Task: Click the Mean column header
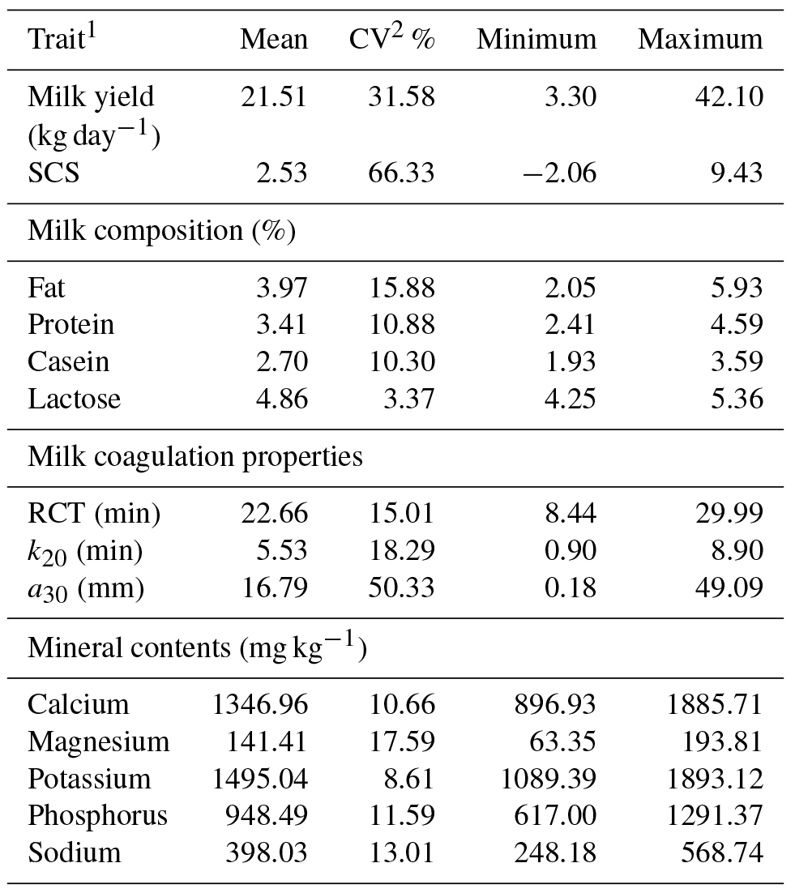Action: pyautogui.click(x=273, y=40)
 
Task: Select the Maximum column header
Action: pyautogui.click(x=700, y=40)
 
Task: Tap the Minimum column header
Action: pyautogui.click(x=536, y=40)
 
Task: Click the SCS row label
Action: pyautogui.click(x=53, y=173)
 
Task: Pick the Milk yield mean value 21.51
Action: pyautogui.click(x=273, y=97)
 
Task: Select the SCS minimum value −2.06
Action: pyautogui.click(x=555, y=173)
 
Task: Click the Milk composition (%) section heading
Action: pyautogui.click(x=161, y=231)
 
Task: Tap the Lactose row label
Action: pyautogui.click(x=74, y=399)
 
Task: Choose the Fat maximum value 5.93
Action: pyautogui.click(x=734, y=288)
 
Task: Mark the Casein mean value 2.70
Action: pyautogui.click(x=280, y=362)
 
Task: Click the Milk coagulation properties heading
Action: pyautogui.click(x=195, y=457)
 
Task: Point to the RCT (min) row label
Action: pyautogui.click(x=94, y=514)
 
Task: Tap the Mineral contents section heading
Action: pyautogui.click(x=197, y=648)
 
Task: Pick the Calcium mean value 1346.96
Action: pyautogui.click(x=260, y=705)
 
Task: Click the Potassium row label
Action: pyautogui.click(x=89, y=780)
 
